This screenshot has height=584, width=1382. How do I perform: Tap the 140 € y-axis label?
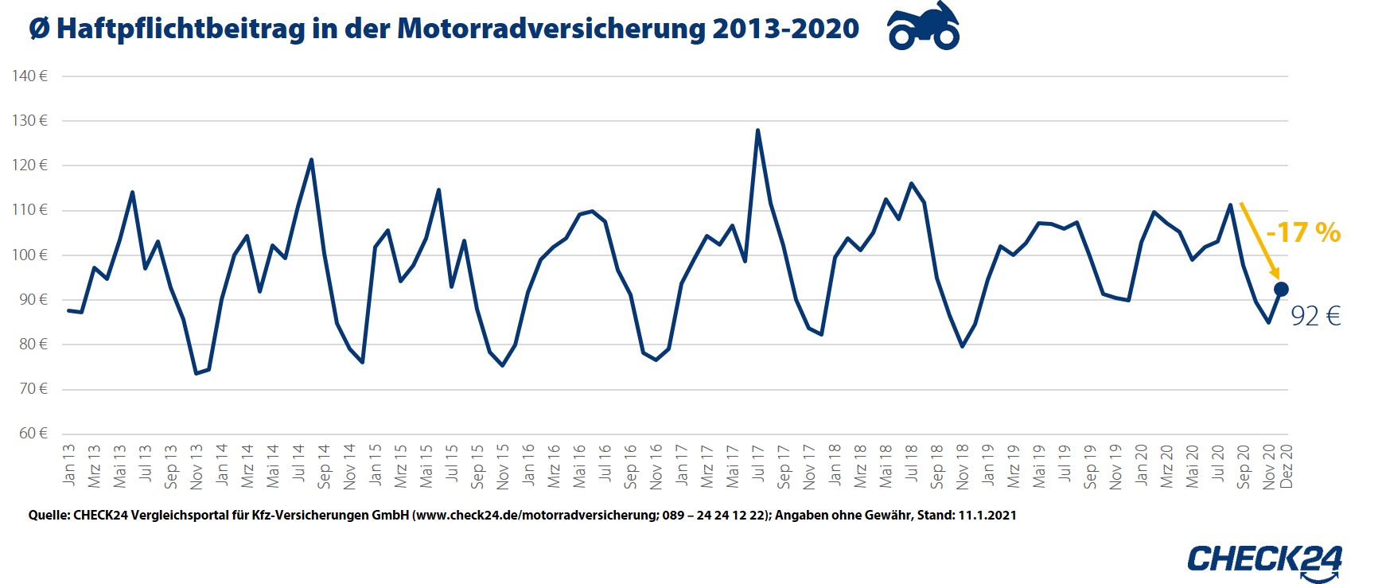30,76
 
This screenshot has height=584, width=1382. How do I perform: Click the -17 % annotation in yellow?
1303,232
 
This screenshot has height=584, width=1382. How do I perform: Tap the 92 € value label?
1315,317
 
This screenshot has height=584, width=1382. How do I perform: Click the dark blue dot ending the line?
1281,290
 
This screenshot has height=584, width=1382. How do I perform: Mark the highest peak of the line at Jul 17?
757,130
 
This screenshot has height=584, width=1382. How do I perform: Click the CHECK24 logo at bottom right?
1264,559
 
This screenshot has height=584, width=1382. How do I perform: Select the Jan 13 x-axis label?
69,465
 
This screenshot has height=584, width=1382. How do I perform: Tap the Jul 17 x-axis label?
758,465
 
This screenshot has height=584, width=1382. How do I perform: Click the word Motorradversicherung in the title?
551,29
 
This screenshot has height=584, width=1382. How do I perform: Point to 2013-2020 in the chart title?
785,29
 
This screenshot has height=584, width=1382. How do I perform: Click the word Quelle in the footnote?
48,516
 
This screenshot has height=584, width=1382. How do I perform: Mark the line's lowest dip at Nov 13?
196,373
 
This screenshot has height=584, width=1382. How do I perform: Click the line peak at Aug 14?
311,160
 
